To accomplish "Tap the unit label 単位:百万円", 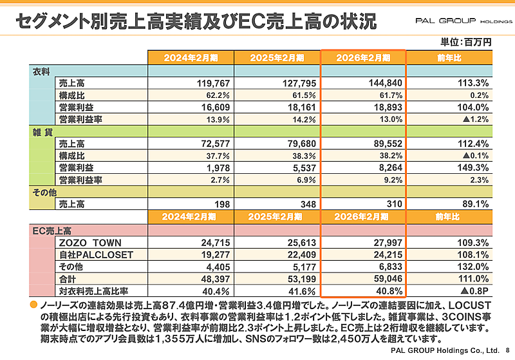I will tap(466, 42).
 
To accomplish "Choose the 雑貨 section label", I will tap(42, 131).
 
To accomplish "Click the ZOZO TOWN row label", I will tap(85, 243).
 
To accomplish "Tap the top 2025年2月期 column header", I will tap(276, 57).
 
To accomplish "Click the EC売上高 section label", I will tap(51, 230).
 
